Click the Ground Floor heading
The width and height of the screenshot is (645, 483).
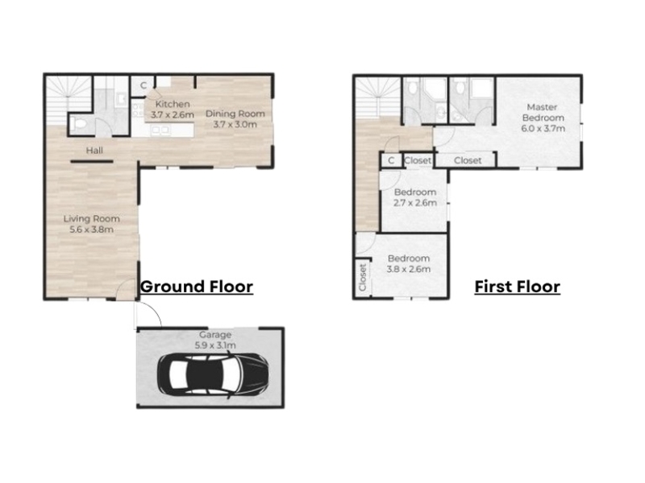click(x=197, y=287)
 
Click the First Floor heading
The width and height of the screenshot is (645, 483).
click(x=518, y=287)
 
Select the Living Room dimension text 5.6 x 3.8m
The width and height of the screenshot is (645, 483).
click(x=91, y=229)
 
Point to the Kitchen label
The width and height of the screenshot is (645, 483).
click(x=173, y=104)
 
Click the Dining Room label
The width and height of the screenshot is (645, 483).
click(x=235, y=114)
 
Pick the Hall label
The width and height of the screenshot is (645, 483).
click(x=94, y=151)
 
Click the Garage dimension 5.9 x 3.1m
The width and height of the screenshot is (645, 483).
click(x=215, y=345)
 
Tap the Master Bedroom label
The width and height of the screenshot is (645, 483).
click(x=543, y=112)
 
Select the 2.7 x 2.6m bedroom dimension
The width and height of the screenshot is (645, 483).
click(x=415, y=203)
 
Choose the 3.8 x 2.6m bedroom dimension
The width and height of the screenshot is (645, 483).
click(x=409, y=270)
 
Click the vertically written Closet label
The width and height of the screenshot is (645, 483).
click(x=362, y=278)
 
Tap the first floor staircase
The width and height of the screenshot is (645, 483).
click(x=377, y=98)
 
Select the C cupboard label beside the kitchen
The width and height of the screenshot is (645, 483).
click(x=144, y=85)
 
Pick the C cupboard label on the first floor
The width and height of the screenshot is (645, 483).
click(x=391, y=160)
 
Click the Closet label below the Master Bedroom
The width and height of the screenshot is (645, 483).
click(x=468, y=160)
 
